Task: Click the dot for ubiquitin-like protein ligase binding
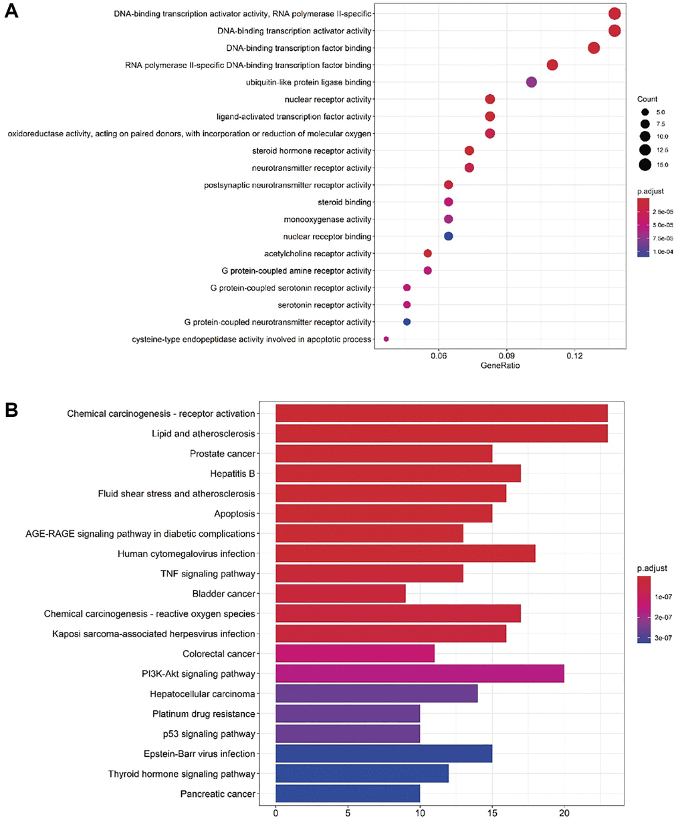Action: pyautogui.click(x=532, y=82)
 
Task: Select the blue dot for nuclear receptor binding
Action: pyautogui.click(x=449, y=236)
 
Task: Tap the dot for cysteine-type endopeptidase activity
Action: pyautogui.click(x=386, y=339)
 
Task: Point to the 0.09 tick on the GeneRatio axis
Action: pyautogui.click(x=506, y=356)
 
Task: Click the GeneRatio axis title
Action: pyautogui.click(x=500, y=365)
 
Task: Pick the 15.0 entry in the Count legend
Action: pyautogui.click(x=645, y=164)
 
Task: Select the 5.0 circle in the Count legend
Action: pyautogui.click(x=645, y=112)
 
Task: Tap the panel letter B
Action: pyautogui.click(x=11, y=409)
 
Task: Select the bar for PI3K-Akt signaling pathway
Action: pyautogui.click(x=419, y=673)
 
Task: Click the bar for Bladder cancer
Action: pyautogui.click(x=340, y=593)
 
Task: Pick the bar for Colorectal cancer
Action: pyautogui.click(x=355, y=653)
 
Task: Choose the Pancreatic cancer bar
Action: pyautogui.click(x=348, y=794)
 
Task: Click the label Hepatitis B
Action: pyautogui.click(x=233, y=474)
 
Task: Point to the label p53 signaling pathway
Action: pyautogui.click(x=209, y=733)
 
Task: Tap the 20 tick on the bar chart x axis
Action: pyautogui.click(x=564, y=813)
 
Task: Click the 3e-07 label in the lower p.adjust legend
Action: pyautogui.click(x=663, y=638)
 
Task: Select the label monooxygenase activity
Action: pyautogui.click(x=328, y=219)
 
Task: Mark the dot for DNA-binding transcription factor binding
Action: pyautogui.click(x=594, y=47)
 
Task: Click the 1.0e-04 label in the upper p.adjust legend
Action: pyautogui.click(x=663, y=252)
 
